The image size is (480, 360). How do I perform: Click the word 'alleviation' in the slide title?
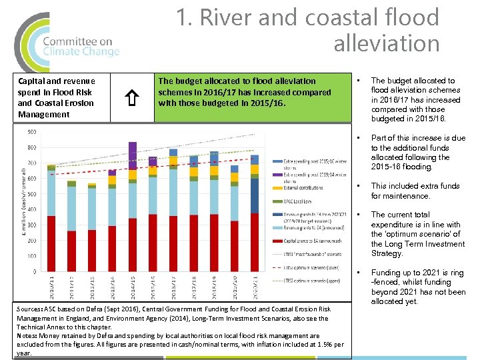click(386, 44)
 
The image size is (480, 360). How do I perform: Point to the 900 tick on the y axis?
click(31, 132)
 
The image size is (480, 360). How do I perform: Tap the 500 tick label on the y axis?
click(31, 195)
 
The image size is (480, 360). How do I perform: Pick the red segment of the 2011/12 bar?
click(71, 249)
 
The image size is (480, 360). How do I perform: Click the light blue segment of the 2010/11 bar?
click(51, 194)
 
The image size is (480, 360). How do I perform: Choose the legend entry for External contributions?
click(304, 189)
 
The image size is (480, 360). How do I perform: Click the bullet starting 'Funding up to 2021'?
click(418, 287)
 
